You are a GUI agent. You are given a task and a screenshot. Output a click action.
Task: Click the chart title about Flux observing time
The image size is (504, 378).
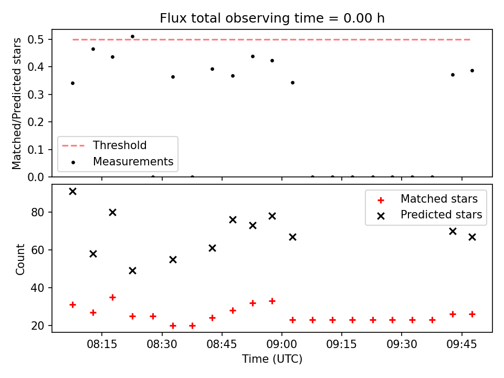coord(272,18)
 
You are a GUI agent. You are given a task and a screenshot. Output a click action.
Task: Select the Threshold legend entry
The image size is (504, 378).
coord(104,145)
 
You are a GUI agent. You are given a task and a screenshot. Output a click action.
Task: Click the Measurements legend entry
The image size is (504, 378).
coord(122,161)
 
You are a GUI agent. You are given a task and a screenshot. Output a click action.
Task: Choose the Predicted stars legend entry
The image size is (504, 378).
coord(430,215)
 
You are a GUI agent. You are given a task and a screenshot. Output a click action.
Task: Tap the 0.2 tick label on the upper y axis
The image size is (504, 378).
coord(36,122)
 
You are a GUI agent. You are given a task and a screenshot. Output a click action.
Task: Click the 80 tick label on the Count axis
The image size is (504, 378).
coord(38,213)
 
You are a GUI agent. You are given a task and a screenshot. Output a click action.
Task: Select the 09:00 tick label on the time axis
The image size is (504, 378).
coord(281,344)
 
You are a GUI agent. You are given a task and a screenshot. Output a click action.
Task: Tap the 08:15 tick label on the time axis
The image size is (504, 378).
coord(102,344)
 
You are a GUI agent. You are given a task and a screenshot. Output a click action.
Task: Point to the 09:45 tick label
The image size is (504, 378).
coord(461,344)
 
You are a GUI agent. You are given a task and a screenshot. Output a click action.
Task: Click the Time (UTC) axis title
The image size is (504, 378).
coord(272,359)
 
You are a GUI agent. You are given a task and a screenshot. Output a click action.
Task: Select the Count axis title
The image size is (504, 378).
coord(20,259)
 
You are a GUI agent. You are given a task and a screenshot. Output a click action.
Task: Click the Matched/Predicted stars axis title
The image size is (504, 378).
coord(16,103)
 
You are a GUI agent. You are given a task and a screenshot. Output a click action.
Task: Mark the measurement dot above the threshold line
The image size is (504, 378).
coord(132,37)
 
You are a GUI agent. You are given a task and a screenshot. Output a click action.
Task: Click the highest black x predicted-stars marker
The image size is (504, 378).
coord(72,192)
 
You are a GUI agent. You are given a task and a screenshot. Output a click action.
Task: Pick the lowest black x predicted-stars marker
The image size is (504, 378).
coord(132,271)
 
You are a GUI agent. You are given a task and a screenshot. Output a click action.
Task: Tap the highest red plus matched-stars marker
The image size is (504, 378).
coord(112,297)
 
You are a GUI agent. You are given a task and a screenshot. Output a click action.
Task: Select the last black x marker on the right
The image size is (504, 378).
coord(472,237)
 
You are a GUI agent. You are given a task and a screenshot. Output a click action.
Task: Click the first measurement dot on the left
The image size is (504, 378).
coord(72,83)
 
